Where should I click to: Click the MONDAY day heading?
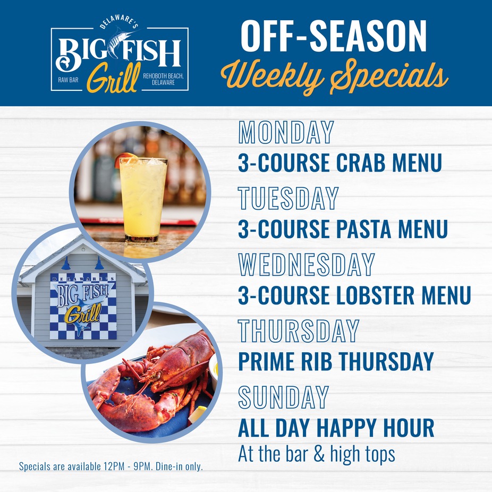(x=286, y=132)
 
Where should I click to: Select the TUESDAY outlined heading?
(x=288, y=198)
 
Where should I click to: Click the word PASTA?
(x=363, y=229)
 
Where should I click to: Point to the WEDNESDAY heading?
(x=306, y=265)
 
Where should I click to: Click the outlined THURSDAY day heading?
(x=299, y=330)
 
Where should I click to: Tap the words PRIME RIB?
(x=285, y=361)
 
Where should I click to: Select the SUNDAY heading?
(x=283, y=397)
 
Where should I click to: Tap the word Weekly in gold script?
(x=272, y=75)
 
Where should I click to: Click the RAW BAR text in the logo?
(x=68, y=80)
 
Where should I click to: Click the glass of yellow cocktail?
(x=143, y=198)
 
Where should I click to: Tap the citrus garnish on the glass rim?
(x=125, y=158)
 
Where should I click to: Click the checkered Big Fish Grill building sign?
(x=83, y=306)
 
